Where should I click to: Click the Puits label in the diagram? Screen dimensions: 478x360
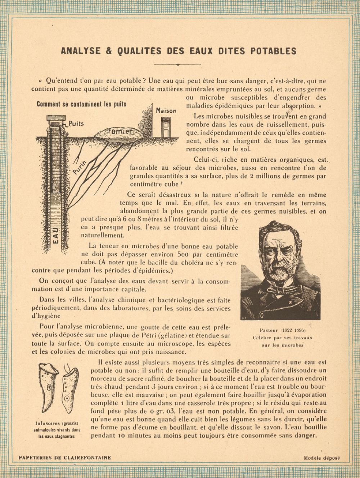[x=76, y=124]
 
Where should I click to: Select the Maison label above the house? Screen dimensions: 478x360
[x=166, y=111]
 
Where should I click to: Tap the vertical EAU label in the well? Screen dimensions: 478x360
[x=56, y=234]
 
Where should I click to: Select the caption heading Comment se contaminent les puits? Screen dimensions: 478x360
[x=81, y=104]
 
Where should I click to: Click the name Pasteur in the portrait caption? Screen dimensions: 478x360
[x=269, y=330]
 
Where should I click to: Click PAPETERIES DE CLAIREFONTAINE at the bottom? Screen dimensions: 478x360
[x=65, y=458]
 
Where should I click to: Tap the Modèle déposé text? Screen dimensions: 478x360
[x=321, y=458]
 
